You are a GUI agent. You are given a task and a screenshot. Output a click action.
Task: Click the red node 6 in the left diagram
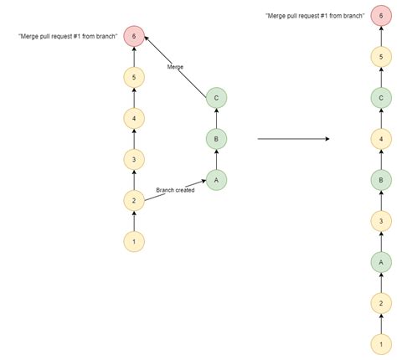134,36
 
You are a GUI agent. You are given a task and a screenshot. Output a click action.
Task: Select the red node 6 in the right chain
381,16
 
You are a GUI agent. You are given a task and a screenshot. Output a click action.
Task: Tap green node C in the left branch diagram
216,98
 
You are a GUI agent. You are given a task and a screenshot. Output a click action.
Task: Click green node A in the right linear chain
381,262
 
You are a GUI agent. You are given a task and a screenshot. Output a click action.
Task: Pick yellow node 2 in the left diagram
134,200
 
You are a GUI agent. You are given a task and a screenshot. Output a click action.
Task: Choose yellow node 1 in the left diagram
134,241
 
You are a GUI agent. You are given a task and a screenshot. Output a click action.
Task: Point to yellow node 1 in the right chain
381,344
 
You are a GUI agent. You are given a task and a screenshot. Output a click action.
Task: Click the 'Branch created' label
175,190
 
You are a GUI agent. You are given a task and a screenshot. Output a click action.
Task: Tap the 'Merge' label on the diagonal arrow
175,67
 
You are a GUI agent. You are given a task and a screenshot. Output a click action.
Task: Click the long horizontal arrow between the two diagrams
293,139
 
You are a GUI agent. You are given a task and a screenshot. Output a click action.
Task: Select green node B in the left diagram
216,139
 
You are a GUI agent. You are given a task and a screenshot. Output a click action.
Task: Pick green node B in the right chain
381,180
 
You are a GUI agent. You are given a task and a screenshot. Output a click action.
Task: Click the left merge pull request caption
68,36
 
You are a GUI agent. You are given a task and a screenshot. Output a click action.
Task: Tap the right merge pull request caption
315,16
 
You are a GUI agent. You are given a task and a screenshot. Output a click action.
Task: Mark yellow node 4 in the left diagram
134,118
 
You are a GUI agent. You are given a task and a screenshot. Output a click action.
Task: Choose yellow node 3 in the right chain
381,221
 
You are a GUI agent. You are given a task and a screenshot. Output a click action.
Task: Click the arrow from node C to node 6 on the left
176,67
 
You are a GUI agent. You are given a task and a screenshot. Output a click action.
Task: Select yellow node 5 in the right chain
381,57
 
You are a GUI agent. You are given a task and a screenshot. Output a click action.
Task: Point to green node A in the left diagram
216,180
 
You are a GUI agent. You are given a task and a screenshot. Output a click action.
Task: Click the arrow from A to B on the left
216,160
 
